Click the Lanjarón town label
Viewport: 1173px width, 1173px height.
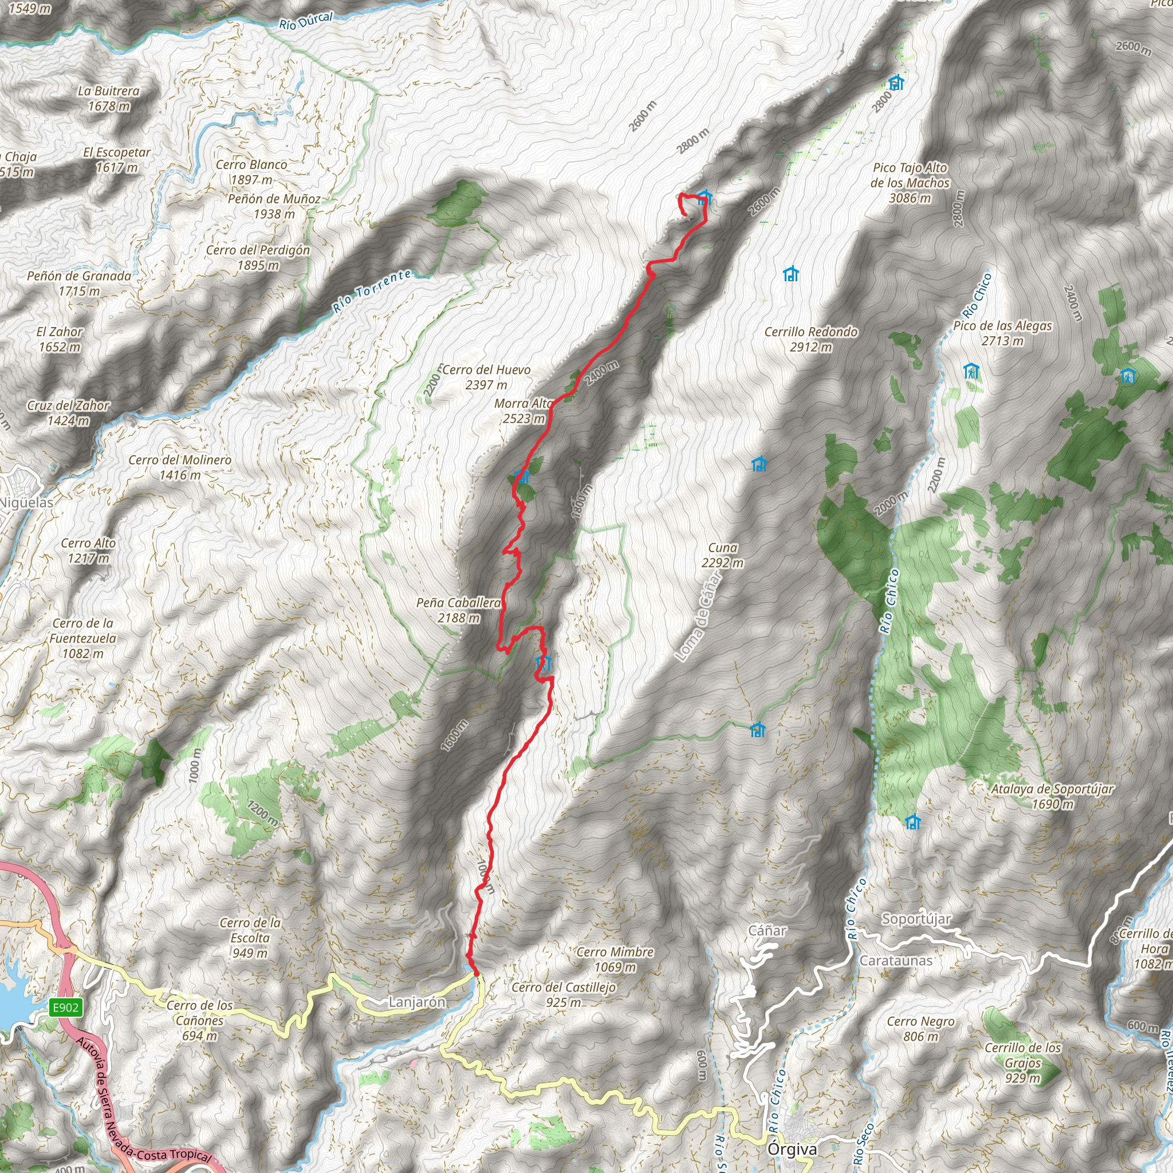pyautogui.click(x=417, y=1002)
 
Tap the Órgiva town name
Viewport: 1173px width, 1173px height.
pyautogui.click(x=792, y=1150)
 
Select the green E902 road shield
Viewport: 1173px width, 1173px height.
pyautogui.click(x=65, y=1008)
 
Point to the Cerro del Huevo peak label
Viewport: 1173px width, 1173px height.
pyautogui.click(x=486, y=376)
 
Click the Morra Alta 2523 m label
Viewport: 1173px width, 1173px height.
pyautogui.click(x=523, y=411)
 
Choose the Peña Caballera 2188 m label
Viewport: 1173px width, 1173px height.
pyautogui.click(x=458, y=609)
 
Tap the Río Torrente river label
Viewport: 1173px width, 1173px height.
pyautogui.click(x=372, y=291)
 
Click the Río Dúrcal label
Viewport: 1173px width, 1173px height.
pyautogui.click(x=305, y=21)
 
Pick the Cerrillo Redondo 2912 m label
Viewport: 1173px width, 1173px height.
pyautogui.click(x=810, y=339)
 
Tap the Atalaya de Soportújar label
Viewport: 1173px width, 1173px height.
pyautogui.click(x=1052, y=796)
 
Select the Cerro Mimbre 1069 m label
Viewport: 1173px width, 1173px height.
pyautogui.click(x=615, y=959)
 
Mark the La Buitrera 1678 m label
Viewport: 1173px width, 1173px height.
pyautogui.click(x=109, y=99)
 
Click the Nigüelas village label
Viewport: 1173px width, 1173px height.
pyautogui.click(x=26, y=503)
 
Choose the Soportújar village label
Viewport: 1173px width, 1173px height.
pyautogui.click(x=916, y=919)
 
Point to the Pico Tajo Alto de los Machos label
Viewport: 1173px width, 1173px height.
pyautogui.click(x=910, y=182)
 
